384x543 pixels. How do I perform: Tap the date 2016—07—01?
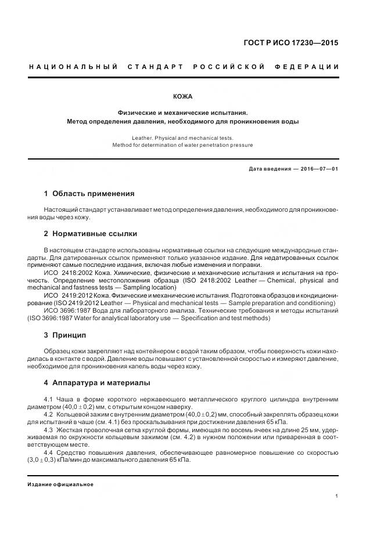[320, 169]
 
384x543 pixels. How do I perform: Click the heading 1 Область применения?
[89, 194]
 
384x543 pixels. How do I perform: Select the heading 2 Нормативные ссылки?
[91, 234]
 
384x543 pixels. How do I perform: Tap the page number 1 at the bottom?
[337, 495]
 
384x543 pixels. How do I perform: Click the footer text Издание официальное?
[60, 484]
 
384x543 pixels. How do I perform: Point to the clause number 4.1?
[49, 400]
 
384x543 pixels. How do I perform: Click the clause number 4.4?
[49, 452]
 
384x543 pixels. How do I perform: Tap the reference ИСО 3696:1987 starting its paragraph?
[65, 311]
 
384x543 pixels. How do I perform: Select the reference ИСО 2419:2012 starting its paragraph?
[65, 295]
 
